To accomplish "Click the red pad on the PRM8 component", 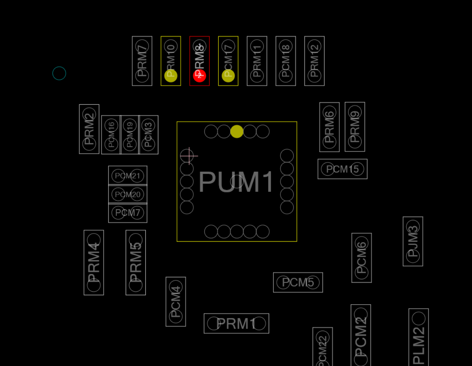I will click(199, 76).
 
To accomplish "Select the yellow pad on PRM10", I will click(171, 76).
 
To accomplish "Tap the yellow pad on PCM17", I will click(228, 76).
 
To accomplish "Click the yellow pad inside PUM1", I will click(237, 131).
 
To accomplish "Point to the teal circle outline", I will click(59, 74).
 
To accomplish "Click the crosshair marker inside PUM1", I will click(189, 156).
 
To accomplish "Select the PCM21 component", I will click(128, 176).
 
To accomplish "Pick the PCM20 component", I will click(128, 194).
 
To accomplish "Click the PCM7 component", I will click(128, 213).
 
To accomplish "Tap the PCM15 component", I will click(342, 169).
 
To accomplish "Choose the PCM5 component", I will click(298, 282).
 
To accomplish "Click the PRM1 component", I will click(236, 324).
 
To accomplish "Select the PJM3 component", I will click(413, 241).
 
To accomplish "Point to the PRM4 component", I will click(94, 262).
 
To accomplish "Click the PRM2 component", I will click(89, 129).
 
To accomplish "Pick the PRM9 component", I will click(355, 127).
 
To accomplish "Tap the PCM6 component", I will click(362, 258).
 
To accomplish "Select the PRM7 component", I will click(142, 61).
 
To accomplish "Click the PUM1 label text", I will click(236, 182).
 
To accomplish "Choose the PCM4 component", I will click(176, 302).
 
